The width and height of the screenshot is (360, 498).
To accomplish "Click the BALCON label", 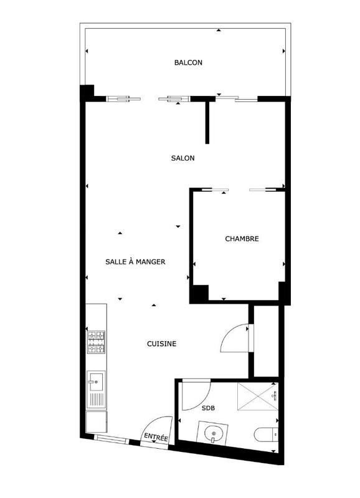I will coord(188,63).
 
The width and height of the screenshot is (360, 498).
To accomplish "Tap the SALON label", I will coord(182,158).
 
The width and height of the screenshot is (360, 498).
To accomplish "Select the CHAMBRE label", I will coord(242,238).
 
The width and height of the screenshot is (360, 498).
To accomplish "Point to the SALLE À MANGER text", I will coord(135,262).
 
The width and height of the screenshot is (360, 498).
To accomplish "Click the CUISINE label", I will coord(161,344).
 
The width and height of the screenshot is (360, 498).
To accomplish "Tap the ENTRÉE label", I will coord(156,438).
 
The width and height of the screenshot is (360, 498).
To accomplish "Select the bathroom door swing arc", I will coord(194,395).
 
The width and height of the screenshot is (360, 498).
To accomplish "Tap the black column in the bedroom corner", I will coord(199,292).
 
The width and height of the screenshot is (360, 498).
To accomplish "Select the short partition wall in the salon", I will coord(207,121).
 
